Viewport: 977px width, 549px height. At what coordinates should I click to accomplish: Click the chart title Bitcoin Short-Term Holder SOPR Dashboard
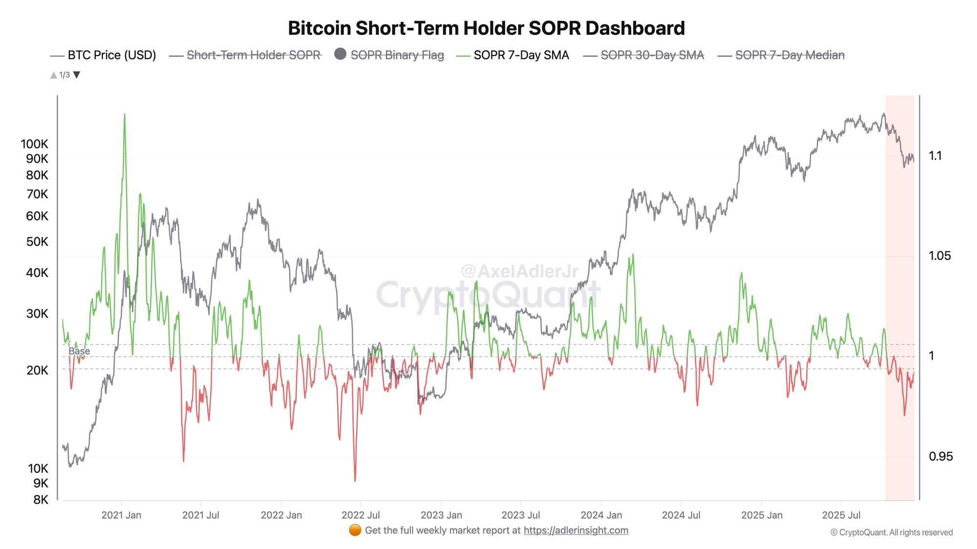click(486, 28)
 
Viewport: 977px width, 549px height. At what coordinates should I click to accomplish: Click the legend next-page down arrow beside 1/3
click(77, 75)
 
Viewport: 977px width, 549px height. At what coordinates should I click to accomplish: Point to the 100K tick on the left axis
click(34, 144)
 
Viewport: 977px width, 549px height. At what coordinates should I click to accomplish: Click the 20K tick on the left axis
click(37, 370)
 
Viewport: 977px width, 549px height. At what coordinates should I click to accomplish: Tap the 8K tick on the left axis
click(41, 500)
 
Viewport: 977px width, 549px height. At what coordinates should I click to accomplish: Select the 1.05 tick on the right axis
click(939, 256)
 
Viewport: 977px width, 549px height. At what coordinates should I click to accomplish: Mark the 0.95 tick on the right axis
click(940, 456)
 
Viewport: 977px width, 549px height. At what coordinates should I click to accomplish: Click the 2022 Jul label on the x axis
click(361, 515)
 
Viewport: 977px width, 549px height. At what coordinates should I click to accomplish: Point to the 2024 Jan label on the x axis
click(601, 515)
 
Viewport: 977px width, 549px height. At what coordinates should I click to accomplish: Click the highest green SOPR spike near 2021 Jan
click(125, 115)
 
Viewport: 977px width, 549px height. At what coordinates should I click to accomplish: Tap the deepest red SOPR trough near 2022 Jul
click(355, 481)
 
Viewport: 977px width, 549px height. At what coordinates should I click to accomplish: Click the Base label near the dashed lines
click(79, 351)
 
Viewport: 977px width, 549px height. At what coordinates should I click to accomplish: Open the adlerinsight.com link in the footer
click(575, 530)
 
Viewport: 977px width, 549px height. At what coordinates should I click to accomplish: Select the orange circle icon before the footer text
click(355, 530)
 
